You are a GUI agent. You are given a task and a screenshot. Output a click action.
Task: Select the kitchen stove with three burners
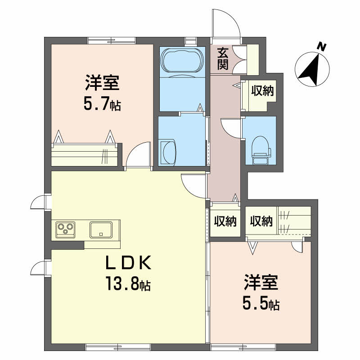tap(66, 229)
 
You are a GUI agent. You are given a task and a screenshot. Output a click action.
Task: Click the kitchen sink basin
tap(103, 229)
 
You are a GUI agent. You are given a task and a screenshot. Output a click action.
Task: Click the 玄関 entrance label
tap(223, 58)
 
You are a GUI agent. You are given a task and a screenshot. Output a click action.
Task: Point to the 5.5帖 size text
tap(261, 304)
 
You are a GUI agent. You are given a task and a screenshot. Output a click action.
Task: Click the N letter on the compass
tap(321, 46)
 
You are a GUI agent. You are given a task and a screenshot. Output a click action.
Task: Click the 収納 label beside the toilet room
tap(262, 91)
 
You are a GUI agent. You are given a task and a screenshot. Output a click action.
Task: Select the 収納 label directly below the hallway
tap(225, 221)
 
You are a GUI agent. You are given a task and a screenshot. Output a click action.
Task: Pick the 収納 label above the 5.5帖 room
tap(261, 221)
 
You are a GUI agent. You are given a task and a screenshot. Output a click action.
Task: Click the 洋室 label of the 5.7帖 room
tap(102, 84)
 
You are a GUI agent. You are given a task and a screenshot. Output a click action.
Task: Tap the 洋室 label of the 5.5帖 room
tap(261, 284)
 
